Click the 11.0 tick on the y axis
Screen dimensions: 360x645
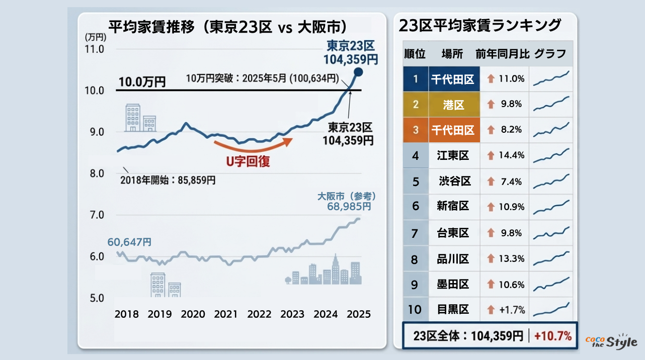point(95,49)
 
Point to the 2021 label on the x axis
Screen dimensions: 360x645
point(226,314)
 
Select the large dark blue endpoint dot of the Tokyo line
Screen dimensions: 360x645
point(358,72)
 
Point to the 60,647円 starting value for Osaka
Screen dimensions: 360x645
point(129,242)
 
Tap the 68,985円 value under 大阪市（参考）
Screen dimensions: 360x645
point(346,206)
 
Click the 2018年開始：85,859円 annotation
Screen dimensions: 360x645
point(168,180)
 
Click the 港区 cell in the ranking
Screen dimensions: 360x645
point(454,105)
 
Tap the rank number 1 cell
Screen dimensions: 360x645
point(416,79)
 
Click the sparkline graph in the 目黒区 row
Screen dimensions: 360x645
point(551,309)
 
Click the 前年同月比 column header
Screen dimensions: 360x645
point(502,54)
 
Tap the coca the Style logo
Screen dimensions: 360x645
point(611,341)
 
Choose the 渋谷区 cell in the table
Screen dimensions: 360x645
point(454,181)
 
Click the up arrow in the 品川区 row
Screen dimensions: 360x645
point(491,258)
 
